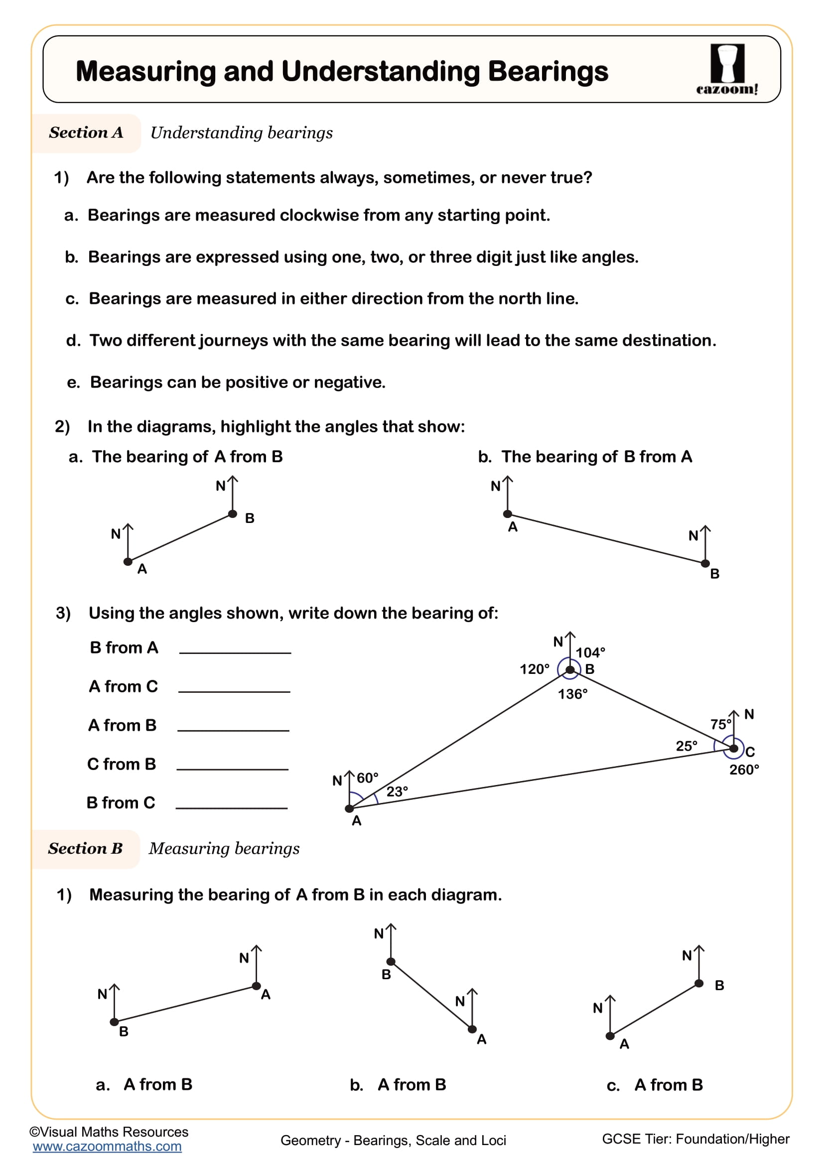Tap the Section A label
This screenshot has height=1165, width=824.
tap(86, 133)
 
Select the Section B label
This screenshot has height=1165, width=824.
tap(85, 848)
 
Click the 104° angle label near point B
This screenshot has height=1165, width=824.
tap(590, 652)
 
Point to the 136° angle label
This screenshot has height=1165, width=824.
tap(572, 694)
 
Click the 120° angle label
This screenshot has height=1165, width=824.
tap(534, 669)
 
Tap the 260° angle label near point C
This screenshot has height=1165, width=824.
tap(744, 770)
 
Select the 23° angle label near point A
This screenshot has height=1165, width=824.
tap(397, 791)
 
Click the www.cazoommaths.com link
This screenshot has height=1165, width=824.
tap(107, 1146)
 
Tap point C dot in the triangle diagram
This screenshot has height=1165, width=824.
tap(733, 749)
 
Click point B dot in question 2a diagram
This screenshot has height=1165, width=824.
tap(232, 514)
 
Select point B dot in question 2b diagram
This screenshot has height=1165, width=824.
tap(705, 564)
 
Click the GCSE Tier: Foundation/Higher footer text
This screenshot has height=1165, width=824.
tap(695, 1139)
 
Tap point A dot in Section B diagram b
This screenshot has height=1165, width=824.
tap(472, 1029)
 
